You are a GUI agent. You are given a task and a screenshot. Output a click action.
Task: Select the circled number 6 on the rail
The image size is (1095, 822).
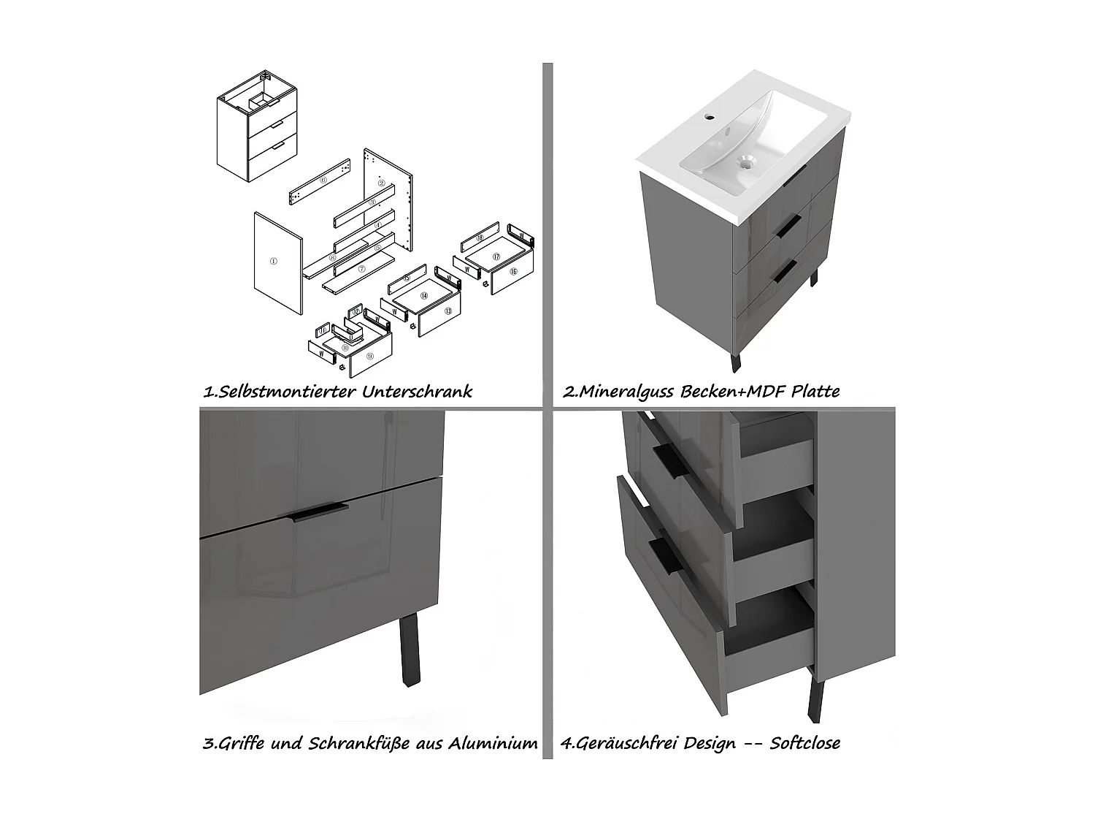click(323, 179)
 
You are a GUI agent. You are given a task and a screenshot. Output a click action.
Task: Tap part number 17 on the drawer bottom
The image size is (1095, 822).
click(496, 256)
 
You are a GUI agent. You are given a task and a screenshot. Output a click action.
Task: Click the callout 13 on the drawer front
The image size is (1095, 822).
click(447, 311)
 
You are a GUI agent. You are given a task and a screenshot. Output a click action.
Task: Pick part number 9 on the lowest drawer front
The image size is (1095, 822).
click(370, 356)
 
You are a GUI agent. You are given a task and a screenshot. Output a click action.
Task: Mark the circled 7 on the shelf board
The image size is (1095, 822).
click(361, 270)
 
